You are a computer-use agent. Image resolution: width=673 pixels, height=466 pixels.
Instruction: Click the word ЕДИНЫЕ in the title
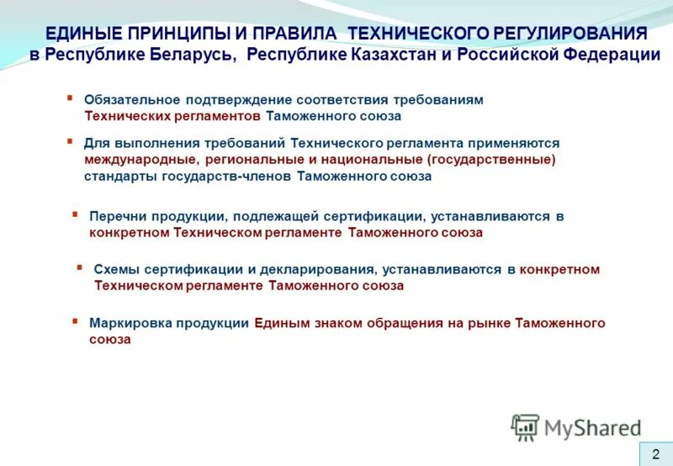click(x=82, y=34)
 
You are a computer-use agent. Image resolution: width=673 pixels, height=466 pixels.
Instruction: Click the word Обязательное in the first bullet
click(x=129, y=99)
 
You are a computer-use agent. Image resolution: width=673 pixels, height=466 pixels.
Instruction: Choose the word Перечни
click(x=114, y=216)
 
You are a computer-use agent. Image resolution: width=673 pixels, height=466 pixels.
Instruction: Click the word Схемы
click(x=115, y=269)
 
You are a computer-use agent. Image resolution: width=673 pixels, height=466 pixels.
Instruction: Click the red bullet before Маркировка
click(x=75, y=320)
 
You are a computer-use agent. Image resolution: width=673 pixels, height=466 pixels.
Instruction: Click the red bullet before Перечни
click(x=75, y=214)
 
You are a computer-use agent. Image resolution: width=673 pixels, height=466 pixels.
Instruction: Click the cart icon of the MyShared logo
click(x=525, y=427)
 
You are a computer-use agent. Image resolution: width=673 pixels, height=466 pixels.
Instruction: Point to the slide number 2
click(x=655, y=453)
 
